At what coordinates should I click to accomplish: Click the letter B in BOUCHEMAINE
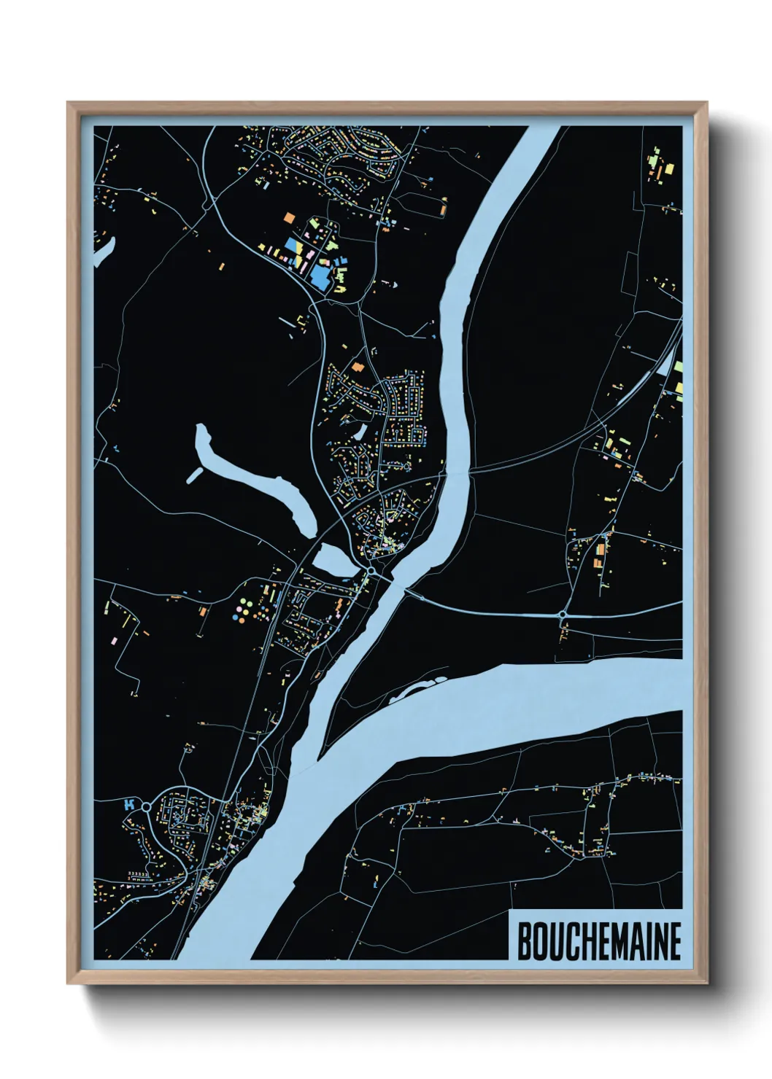(x=525, y=941)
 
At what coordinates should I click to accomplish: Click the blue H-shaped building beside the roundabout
(x=130, y=805)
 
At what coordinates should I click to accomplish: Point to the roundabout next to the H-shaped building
(x=146, y=807)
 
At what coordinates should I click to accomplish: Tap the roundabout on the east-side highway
(x=563, y=615)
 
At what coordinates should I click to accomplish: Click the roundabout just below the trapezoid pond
(x=371, y=571)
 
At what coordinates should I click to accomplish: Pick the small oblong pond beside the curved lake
(x=194, y=475)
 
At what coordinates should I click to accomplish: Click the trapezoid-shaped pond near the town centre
(x=333, y=559)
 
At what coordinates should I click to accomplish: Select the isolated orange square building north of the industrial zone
(x=289, y=217)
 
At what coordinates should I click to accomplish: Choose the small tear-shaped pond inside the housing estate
(x=360, y=432)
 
